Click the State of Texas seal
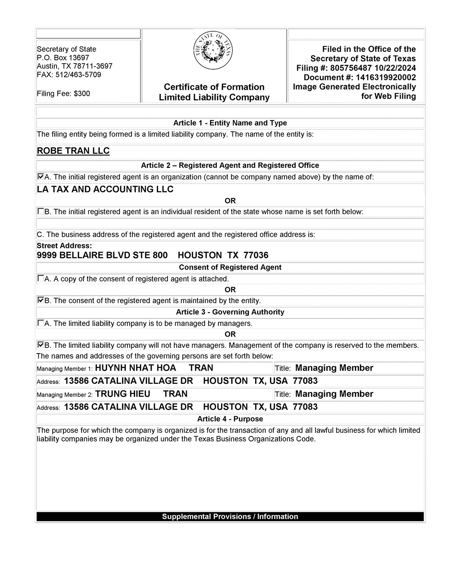click(x=213, y=51)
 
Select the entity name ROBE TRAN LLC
click(x=73, y=151)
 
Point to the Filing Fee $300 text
click(x=63, y=94)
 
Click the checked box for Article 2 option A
click(x=41, y=177)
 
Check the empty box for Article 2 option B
click(x=41, y=211)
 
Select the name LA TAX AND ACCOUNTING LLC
click(x=105, y=189)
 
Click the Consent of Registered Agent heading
click(x=230, y=267)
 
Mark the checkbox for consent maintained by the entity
click(x=41, y=300)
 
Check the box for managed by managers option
click(x=41, y=323)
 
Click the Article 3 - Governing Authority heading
click(x=230, y=312)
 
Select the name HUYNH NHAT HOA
click(x=135, y=368)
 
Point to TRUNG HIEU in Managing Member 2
click(x=122, y=394)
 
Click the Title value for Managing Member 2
click(x=334, y=394)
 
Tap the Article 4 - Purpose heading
click(x=230, y=419)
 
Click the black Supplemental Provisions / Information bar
click(x=230, y=517)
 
